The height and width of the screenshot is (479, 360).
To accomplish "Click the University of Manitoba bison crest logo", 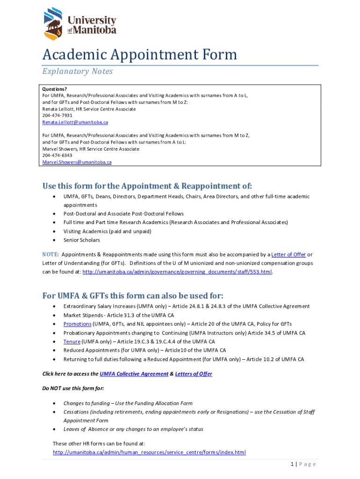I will coord(53,23).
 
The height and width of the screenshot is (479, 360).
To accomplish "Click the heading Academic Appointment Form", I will coord(140,55).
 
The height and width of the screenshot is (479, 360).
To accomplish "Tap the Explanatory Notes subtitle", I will coord(78,72).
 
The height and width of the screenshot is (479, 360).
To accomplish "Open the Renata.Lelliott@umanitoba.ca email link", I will coord(75,122).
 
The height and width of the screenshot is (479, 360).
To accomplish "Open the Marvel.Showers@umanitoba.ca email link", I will coord(77,162).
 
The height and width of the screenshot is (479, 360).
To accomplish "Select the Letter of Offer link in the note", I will coord(288,254).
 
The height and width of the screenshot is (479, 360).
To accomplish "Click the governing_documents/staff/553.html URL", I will coord(177,272).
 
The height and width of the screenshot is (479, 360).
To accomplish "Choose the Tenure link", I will coord(72,341).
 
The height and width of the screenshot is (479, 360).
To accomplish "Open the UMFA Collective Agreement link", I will coord(134,374).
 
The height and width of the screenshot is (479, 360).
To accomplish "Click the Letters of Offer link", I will coord(194,374).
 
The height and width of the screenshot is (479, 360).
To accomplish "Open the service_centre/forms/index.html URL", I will coord(149,452).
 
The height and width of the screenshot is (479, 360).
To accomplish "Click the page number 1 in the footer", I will coord(292,464).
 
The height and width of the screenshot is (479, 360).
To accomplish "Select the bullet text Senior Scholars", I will coord(81,240).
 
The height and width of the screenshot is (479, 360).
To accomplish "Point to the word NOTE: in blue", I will coord(50,254).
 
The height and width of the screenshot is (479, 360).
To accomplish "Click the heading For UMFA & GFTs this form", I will coord(133,296).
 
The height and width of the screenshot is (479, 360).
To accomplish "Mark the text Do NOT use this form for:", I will coord(73,389).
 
